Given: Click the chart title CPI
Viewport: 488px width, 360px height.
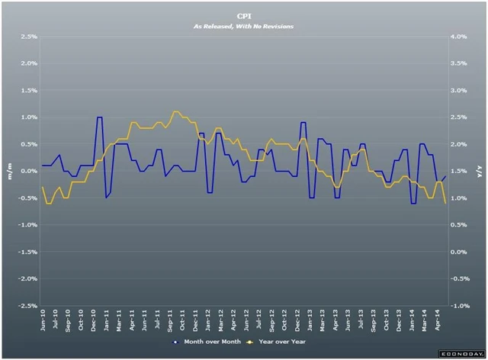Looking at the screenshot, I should (243, 14).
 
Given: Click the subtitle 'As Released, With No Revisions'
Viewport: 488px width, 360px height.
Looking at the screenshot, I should (243, 25).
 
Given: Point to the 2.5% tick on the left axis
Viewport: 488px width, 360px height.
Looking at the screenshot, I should (28, 37).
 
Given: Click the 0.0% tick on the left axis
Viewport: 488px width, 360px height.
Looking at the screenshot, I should (28, 171).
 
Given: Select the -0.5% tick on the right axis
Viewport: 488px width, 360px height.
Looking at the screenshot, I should (460, 278).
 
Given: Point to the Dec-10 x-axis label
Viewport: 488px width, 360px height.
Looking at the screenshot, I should (92, 321).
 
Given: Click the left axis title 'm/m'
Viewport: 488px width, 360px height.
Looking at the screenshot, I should (9, 171).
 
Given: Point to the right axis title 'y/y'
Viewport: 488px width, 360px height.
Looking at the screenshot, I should (479, 171).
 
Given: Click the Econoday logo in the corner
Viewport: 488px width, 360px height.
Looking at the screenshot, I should (459, 354).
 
